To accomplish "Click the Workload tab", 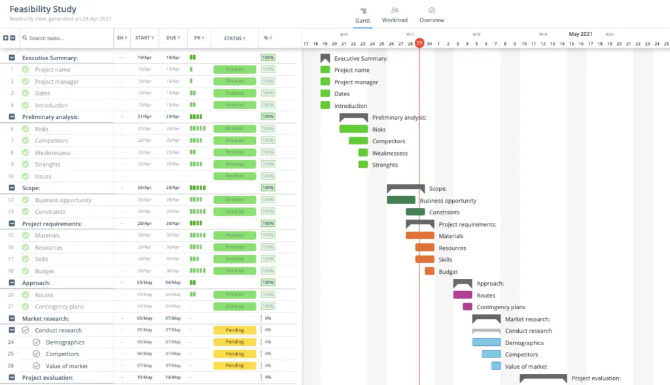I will coord(395,15).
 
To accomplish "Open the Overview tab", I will coord(432,15).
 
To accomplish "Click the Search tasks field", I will coord(65,39).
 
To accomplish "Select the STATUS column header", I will coord(235,39).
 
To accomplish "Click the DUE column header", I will coord(173,39).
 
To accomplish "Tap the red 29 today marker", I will coord(419,44).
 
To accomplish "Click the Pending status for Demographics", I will coord(234,342).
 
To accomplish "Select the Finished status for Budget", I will coord(234,271).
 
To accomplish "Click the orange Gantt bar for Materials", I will coord(419,236).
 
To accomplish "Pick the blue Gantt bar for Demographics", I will coord(486,343).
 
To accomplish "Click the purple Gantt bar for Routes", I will coord(463,295).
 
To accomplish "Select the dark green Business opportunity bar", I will coord(400,201).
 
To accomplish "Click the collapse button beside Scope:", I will coord(12,188).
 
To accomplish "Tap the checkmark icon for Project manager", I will coord(25,82).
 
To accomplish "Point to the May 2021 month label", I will coord(580,34).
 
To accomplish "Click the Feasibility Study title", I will coord(43,10).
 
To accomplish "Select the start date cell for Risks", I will coord(145,129).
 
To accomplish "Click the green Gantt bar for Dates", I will coord(325,93).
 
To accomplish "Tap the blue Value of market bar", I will coord(496,366).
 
